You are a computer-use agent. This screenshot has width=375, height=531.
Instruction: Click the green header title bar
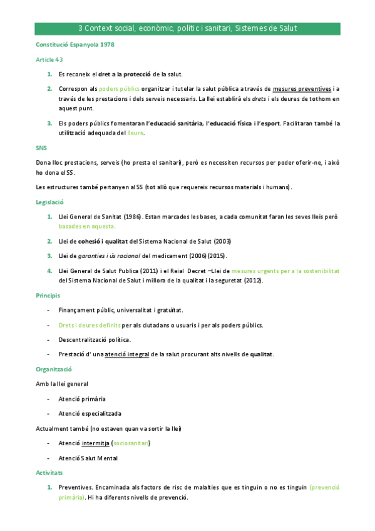(x=187, y=29)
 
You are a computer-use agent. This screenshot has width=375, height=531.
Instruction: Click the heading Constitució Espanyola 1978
(x=75, y=46)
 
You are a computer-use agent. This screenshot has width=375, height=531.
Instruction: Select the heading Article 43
(x=49, y=59)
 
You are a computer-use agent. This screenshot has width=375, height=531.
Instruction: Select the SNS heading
(x=41, y=148)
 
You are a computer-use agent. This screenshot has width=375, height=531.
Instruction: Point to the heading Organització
(x=55, y=369)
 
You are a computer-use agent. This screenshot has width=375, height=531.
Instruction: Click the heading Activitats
(x=49, y=472)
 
